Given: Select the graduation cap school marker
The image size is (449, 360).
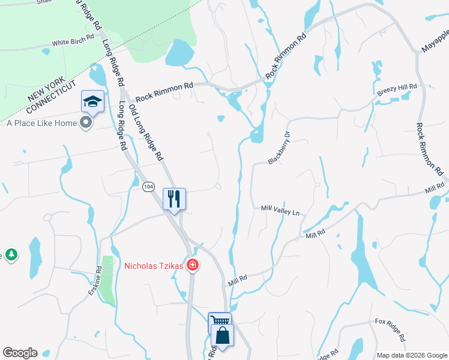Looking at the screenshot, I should (x=93, y=101).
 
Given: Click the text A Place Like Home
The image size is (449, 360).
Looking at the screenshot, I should (x=41, y=123).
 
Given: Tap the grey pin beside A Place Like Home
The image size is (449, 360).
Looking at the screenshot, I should (x=85, y=123).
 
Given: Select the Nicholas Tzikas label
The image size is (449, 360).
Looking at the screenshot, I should (x=154, y=265).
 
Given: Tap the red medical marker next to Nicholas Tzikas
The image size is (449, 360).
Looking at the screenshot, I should (x=192, y=265).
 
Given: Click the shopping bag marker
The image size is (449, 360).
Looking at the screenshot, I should (x=222, y=336).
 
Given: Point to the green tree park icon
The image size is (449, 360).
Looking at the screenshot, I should (x=11, y=255).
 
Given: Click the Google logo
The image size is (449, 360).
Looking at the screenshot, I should (x=20, y=353).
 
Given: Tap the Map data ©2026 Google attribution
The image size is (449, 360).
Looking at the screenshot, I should (x=411, y=355).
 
